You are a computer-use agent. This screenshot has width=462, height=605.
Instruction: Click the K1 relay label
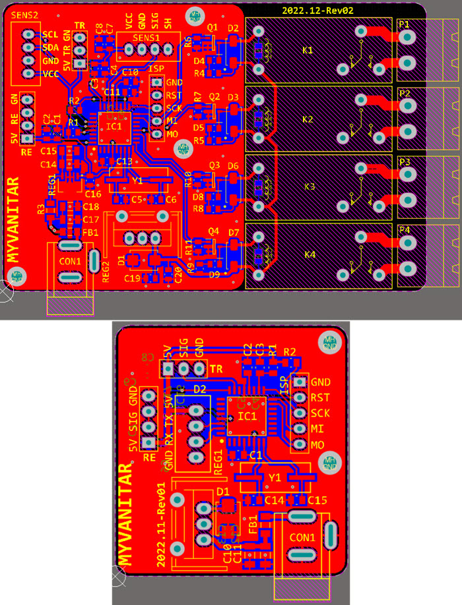(x=308, y=51)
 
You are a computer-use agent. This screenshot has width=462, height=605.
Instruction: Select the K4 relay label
(x=308, y=255)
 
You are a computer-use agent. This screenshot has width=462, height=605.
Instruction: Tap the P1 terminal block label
(x=404, y=24)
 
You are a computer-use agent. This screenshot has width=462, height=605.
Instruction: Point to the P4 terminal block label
(x=404, y=230)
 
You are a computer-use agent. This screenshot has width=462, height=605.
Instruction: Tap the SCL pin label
(x=50, y=34)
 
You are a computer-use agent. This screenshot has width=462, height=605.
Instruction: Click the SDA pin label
(x=50, y=47)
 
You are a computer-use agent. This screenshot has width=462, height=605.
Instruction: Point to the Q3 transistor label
(x=214, y=165)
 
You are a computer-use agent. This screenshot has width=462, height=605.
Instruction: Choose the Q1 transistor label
(x=213, y=28)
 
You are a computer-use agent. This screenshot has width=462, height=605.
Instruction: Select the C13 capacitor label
(x=124, y=161)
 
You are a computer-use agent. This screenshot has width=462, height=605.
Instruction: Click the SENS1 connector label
(x=146, y=38)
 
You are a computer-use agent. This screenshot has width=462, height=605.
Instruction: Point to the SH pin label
(x=168, y=23)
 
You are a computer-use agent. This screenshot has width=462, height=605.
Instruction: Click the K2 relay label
(x=308, y=119)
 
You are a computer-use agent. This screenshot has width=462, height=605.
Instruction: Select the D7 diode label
(x=232, y=233)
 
